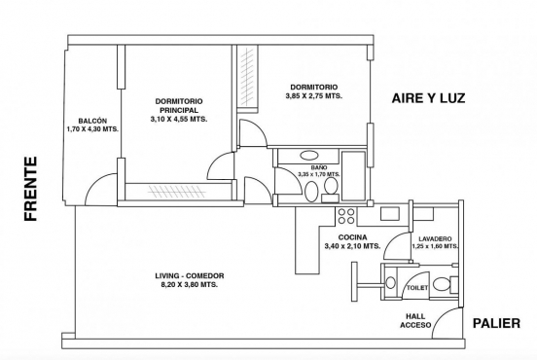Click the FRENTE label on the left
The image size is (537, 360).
click(31, 189)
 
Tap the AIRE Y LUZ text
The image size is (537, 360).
click(428, 98)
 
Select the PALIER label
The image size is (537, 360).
click(496, 323)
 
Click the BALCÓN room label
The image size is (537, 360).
click(92, 121)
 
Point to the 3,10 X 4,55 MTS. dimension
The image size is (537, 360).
click(179, 120)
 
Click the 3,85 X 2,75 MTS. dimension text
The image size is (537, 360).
click(313, 96)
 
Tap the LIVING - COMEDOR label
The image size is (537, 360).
click(190, 275)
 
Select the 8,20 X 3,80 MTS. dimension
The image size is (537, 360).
click(190, 285)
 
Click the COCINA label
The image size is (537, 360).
click(352, 237)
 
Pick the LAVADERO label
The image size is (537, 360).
click(435, 238)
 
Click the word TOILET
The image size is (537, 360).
click(417, 288)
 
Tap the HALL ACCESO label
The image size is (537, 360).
click(415, 321)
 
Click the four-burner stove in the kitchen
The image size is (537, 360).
click(346, 216)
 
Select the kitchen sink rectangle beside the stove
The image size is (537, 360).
click(389, 214)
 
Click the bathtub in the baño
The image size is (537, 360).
click(354, 175)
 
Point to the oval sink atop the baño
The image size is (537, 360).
click(309, 155)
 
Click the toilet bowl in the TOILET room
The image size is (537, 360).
click(441, 284)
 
